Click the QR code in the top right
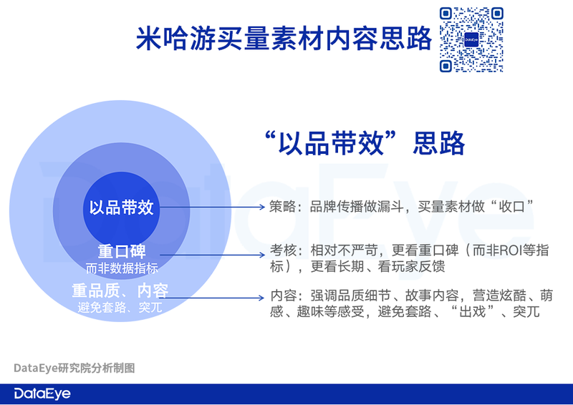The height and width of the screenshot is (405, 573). [471, 39]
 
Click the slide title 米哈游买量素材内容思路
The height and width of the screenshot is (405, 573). [284, 39]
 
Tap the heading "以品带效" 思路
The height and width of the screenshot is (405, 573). [365, 143]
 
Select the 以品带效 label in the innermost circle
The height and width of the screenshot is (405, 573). [121, 208]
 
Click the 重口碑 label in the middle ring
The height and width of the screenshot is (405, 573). [122, 251]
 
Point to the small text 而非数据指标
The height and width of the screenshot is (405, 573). [122, 268]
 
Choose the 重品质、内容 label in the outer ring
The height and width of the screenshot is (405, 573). [120, 291]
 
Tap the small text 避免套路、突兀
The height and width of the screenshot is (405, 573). [120, 308]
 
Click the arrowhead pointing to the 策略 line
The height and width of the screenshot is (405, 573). [261, 207]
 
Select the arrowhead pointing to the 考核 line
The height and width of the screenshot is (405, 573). [261, 255]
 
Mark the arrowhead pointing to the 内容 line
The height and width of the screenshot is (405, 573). [261, 298]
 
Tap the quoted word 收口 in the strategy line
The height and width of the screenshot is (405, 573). [512, 207]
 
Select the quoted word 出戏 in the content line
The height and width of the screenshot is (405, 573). [473, 312]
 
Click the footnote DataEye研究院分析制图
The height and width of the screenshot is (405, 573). [74, 368]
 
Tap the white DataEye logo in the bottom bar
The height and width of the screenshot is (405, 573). [42, 394]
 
